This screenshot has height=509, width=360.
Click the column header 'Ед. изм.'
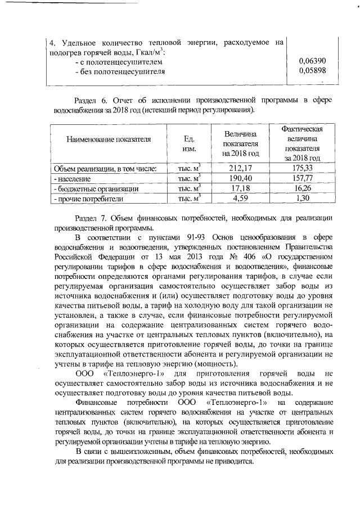tap(189, 144)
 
